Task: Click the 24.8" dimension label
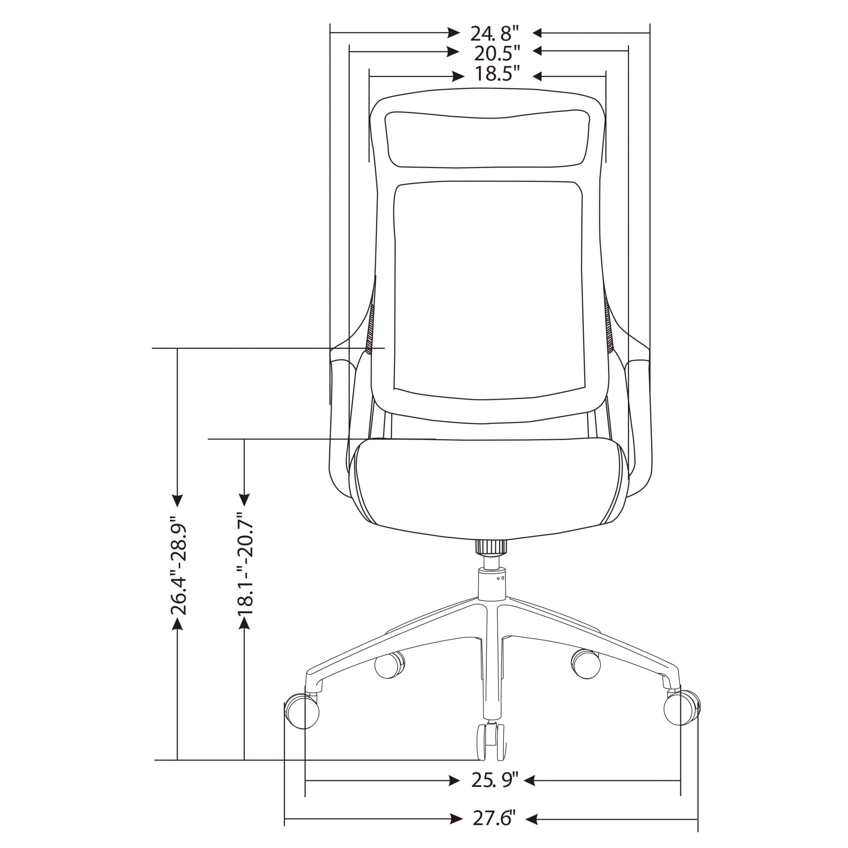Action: pyautogui.click(x=495, y=33)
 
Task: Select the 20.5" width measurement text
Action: pyautogui.click(x=497, y=53)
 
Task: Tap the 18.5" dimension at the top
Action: pyautogui.click(x=497, y=74)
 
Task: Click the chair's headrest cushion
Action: pyautogui.click(x=486, y=139)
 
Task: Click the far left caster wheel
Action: pyautogui.click(x=302, y=711)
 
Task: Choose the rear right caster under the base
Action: pyautogui.click(x=585, y=664)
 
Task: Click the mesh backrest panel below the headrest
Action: pyautogui.click(x=490, y=290)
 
